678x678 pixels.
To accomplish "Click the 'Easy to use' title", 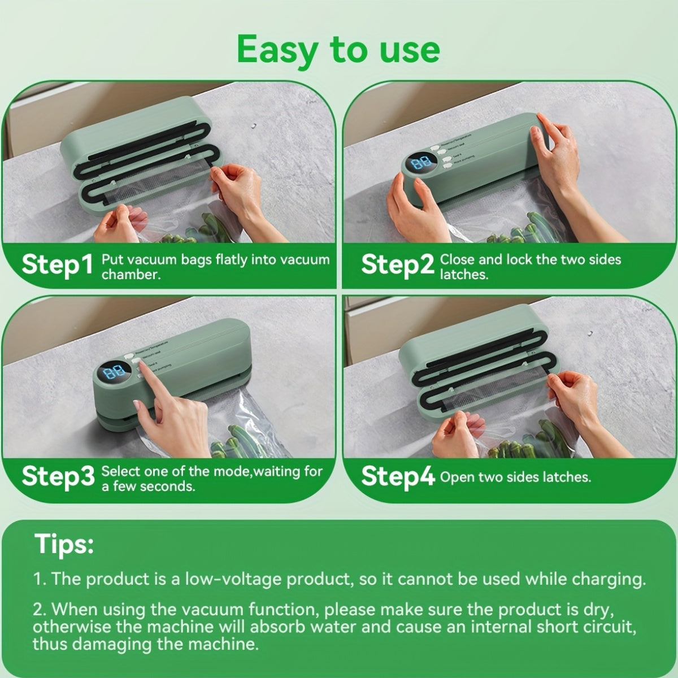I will (338, 50).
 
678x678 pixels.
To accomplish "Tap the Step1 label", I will (56, 264).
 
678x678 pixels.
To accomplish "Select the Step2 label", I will (397, 264).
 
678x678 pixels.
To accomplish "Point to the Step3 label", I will (58, 477).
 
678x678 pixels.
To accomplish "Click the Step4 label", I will (398, 476).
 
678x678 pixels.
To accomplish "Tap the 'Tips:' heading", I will (64, 544).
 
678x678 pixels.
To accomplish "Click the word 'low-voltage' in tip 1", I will (228, 579).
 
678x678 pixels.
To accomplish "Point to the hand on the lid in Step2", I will (557, 147).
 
